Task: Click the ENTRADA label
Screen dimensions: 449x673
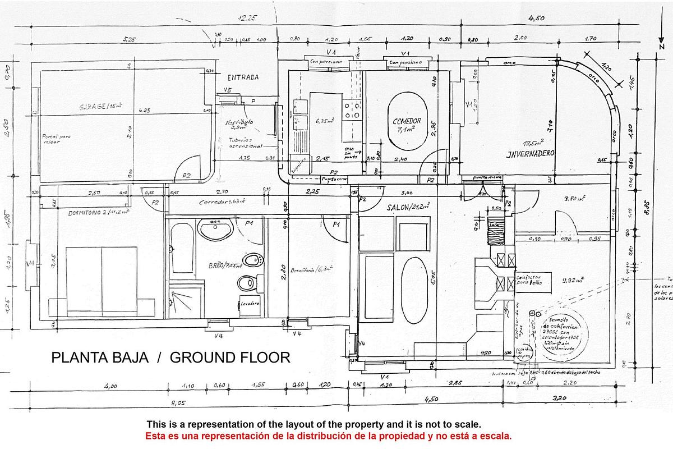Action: pos(243,77)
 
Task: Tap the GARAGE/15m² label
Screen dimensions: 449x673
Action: pos(101,107)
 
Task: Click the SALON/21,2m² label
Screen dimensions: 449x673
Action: pos(408,207)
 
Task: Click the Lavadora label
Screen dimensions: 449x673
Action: pos(249,304)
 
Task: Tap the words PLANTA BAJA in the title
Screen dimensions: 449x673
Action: pos(100,358)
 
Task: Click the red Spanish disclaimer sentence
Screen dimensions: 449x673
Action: pos(328,436)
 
